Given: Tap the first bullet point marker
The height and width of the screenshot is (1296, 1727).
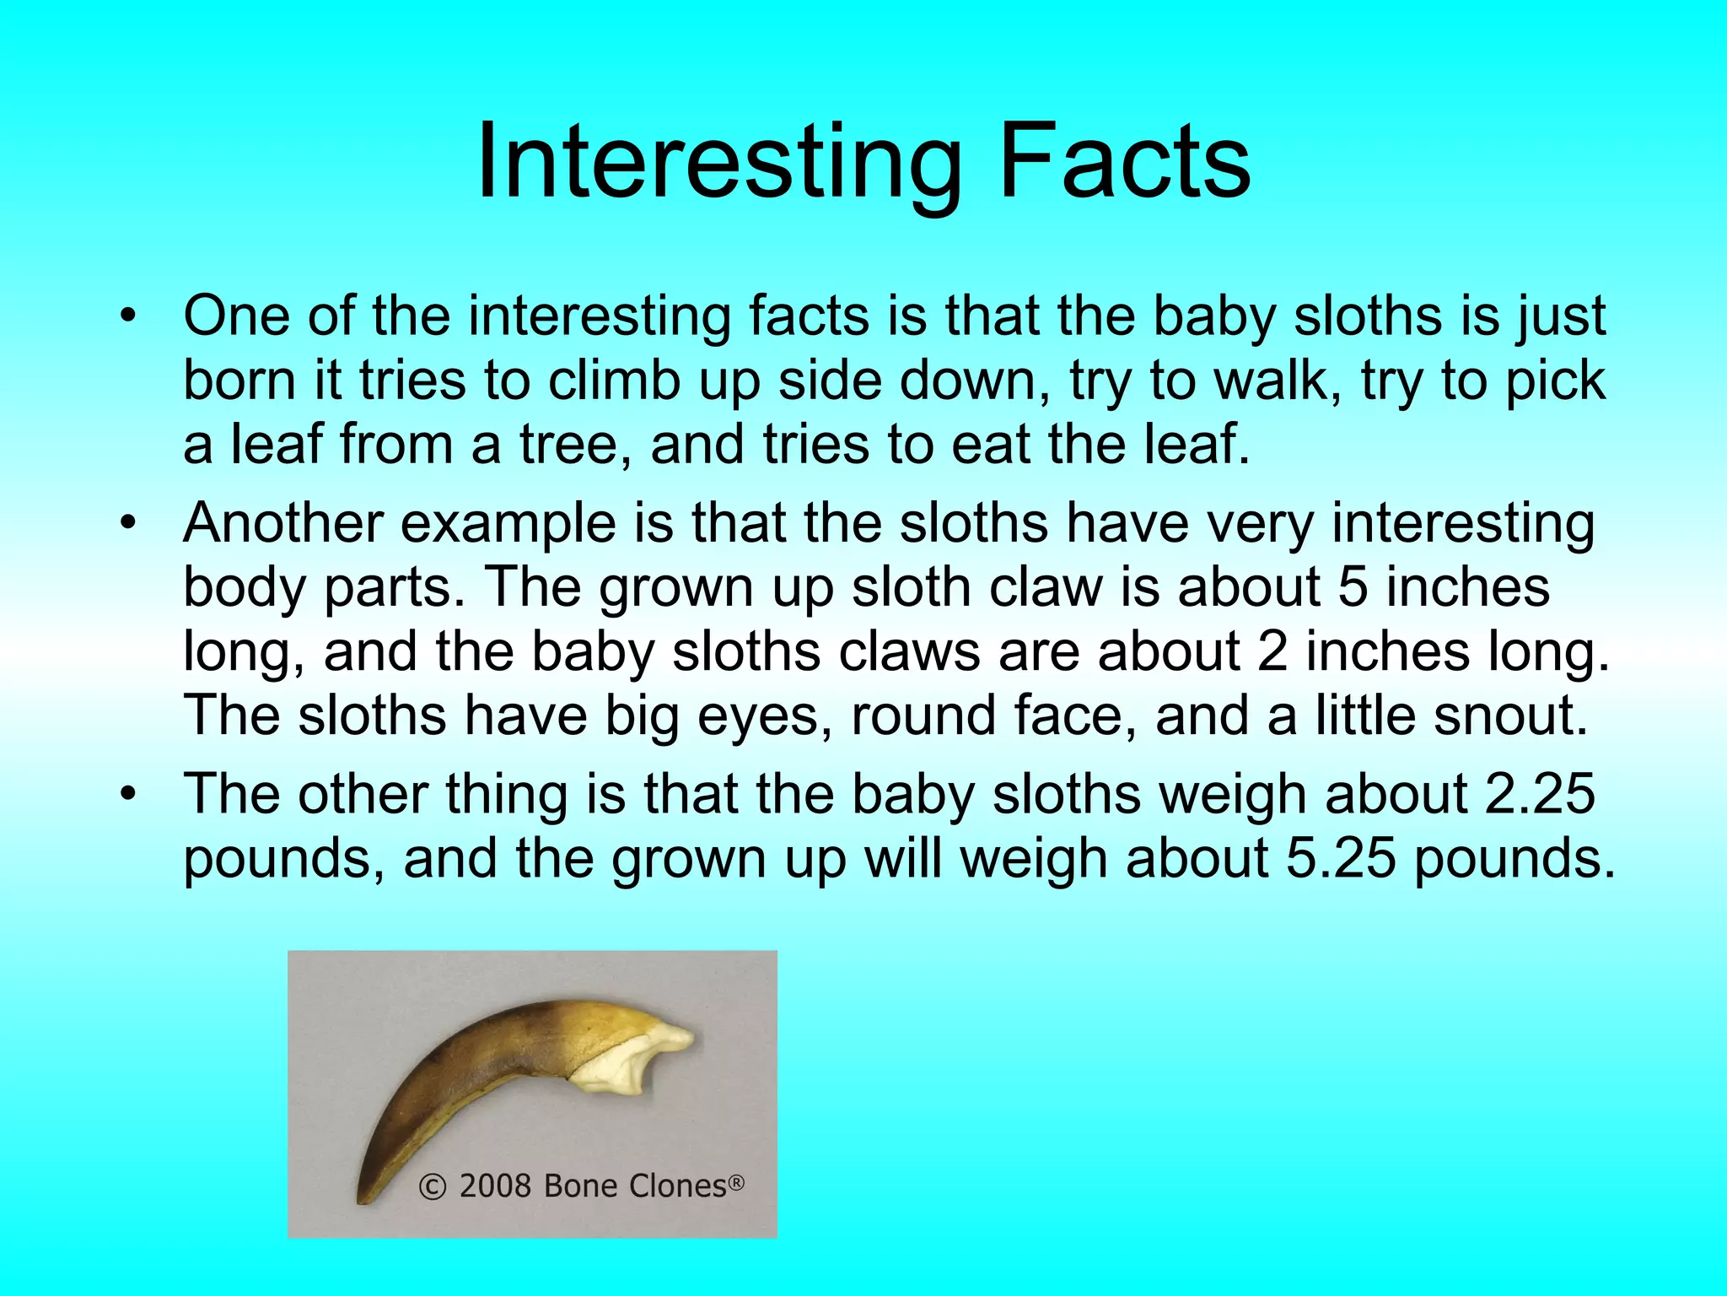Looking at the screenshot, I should [127, 317].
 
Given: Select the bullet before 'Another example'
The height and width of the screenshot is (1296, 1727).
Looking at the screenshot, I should [127, 524].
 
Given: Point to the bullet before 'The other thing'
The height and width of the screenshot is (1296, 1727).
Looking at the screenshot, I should [127, 795].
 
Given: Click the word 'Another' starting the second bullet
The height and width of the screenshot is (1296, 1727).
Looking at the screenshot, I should [283, 524].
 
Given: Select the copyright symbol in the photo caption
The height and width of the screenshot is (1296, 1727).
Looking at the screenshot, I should [432, 1187].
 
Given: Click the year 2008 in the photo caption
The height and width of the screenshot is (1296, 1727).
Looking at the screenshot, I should [495, 1186].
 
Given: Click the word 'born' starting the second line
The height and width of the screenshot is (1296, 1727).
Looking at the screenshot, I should [240, 381].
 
